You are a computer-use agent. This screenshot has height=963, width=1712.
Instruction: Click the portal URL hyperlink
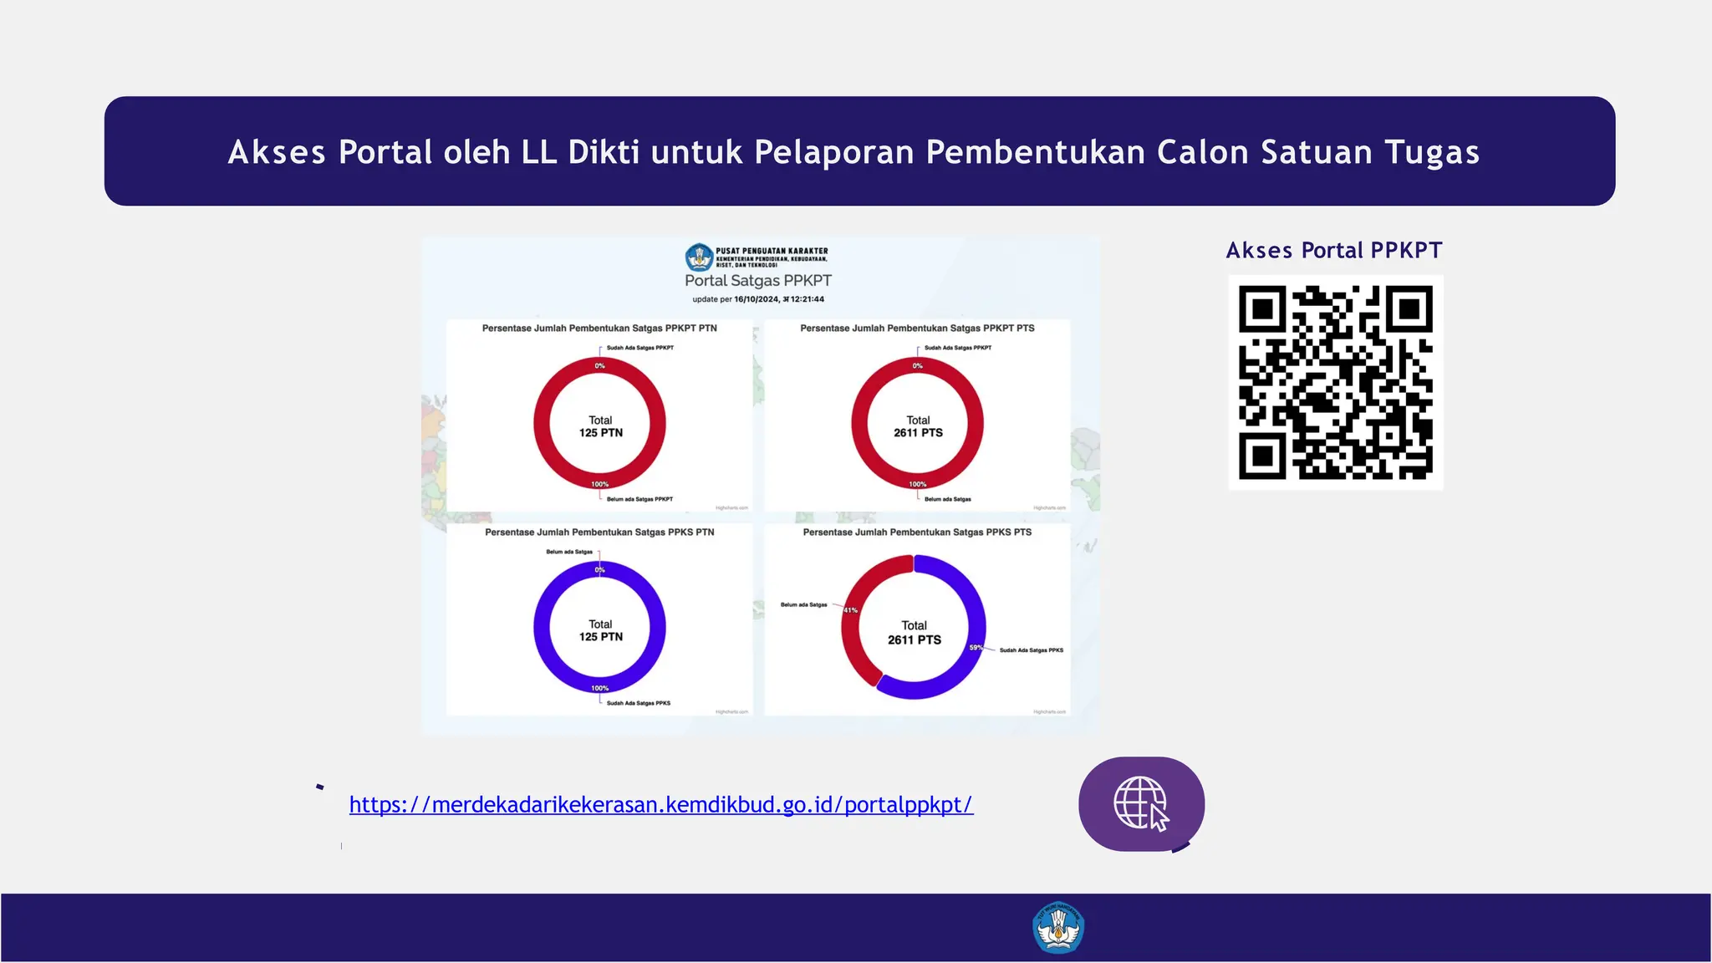point(660,804)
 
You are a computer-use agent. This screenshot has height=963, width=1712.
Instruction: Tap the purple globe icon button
point(1141,804)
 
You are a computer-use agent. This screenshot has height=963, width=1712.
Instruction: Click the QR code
point(1335,383)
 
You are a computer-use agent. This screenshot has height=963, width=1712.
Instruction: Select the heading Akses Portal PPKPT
point(1334,250)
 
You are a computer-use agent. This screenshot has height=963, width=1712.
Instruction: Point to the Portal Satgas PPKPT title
point(758,281)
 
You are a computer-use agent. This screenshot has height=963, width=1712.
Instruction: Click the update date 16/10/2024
point(757,299)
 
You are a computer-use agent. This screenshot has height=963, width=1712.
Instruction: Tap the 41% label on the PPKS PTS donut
point(850,610)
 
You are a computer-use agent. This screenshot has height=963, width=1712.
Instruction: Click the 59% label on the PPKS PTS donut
point(976,648)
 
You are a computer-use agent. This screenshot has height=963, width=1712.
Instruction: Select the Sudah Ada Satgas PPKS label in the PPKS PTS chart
point(1031,650)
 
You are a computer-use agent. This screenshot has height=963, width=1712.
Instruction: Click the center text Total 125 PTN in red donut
point(600,426)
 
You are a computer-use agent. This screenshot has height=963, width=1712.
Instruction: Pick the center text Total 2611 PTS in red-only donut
point(918,426)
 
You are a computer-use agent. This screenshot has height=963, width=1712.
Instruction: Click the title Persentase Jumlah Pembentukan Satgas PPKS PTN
point(599,532)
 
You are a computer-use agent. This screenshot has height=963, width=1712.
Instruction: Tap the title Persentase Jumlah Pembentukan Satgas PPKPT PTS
point(917,328)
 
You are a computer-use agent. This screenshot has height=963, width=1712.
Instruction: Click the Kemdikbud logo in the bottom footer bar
point(1058,928)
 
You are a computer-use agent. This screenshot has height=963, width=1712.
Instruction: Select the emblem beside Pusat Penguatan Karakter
point(699,257)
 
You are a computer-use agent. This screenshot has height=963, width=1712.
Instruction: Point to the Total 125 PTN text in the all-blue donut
point(600,630)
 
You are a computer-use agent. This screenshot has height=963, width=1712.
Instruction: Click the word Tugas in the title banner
point(1432,152)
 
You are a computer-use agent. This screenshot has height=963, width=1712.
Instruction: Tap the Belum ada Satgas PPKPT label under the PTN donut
point(639,499)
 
